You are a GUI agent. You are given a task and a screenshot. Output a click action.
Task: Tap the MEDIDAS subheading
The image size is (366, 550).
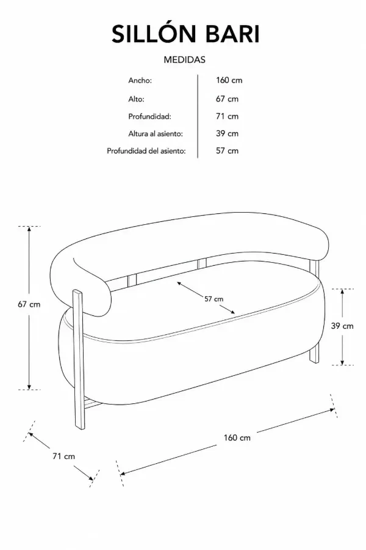click(185, 60)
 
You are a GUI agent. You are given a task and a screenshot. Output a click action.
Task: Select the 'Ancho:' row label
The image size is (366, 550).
click(140, 80)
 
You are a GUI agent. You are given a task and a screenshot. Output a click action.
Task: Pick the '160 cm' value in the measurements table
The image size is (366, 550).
click(229, 80)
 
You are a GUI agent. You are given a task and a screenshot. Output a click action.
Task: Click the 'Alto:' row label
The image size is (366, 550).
click(136, 99)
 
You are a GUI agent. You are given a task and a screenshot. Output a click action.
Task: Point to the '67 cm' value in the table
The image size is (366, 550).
click(227, 99)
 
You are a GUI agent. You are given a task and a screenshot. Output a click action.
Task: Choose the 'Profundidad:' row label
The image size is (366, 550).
click(149, 116)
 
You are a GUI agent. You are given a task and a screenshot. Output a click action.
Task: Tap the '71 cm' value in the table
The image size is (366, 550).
click(227, 116)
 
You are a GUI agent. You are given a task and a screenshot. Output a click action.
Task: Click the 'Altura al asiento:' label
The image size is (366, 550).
click(156, 133)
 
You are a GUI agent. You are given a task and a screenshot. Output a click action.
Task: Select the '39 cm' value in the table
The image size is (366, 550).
click(227, 133)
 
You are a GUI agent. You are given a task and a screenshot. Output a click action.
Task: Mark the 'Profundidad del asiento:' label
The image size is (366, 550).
click(146, 151)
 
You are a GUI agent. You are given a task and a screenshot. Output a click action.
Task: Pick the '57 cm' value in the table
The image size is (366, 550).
click(227, 151)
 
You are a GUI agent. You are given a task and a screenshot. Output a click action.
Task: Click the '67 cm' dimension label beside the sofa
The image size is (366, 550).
click(29, 304)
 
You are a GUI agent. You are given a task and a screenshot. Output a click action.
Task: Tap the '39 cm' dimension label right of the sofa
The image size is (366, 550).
click(342, 326)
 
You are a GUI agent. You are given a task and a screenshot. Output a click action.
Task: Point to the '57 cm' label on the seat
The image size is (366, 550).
click(213, 299)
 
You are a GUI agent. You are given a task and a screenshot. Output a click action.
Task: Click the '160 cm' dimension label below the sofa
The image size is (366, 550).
click(237, 438)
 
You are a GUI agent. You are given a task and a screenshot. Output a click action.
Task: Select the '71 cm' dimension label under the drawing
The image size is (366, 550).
click(63, 456)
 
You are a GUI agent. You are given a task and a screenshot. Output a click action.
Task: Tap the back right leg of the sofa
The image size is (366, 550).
click(315, 312)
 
